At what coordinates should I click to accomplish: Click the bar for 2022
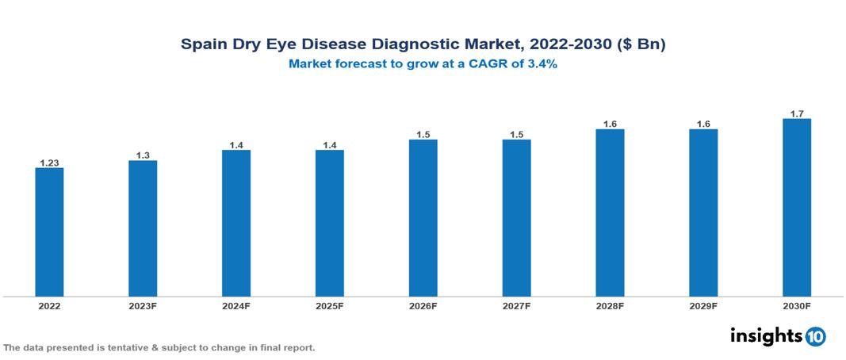49,232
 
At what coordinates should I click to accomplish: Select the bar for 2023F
143,228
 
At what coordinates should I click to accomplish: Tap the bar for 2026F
423,218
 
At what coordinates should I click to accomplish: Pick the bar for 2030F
797,208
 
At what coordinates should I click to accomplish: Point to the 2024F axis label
236,305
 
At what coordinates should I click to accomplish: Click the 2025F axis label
330,305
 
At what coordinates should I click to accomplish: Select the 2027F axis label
517,305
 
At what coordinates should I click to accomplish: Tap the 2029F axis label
703,305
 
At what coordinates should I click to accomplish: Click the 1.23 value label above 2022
49,163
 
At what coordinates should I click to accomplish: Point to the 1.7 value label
797,113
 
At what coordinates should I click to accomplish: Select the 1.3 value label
143,155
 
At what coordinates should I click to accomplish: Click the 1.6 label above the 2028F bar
610,124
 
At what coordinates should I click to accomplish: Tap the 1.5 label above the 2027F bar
517,135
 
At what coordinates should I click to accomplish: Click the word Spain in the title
202,44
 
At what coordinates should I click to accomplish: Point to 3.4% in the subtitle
539,65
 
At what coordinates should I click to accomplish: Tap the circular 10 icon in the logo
815,336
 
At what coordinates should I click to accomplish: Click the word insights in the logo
766,335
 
